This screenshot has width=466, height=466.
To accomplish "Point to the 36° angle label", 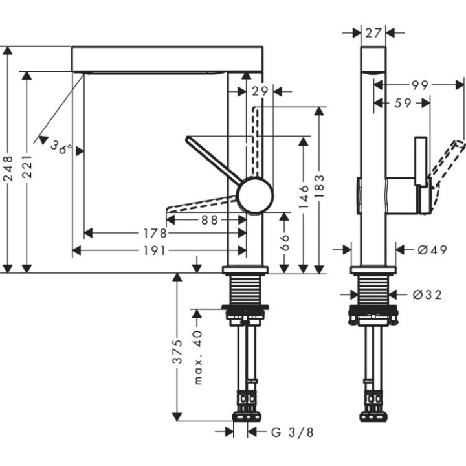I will point(60,148).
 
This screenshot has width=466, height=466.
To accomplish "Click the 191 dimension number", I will point(157,250).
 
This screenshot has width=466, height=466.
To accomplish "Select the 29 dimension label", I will point(260,92).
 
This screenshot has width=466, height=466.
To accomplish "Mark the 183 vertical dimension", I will point(319,188).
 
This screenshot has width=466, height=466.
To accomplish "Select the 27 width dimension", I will point(373,32).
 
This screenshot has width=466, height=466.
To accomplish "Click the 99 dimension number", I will point(419,84).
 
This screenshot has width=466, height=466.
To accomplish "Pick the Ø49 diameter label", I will point(428,250).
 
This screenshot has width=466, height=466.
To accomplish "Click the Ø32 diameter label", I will point(427,294).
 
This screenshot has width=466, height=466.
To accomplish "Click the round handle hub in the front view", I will point(255,195).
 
